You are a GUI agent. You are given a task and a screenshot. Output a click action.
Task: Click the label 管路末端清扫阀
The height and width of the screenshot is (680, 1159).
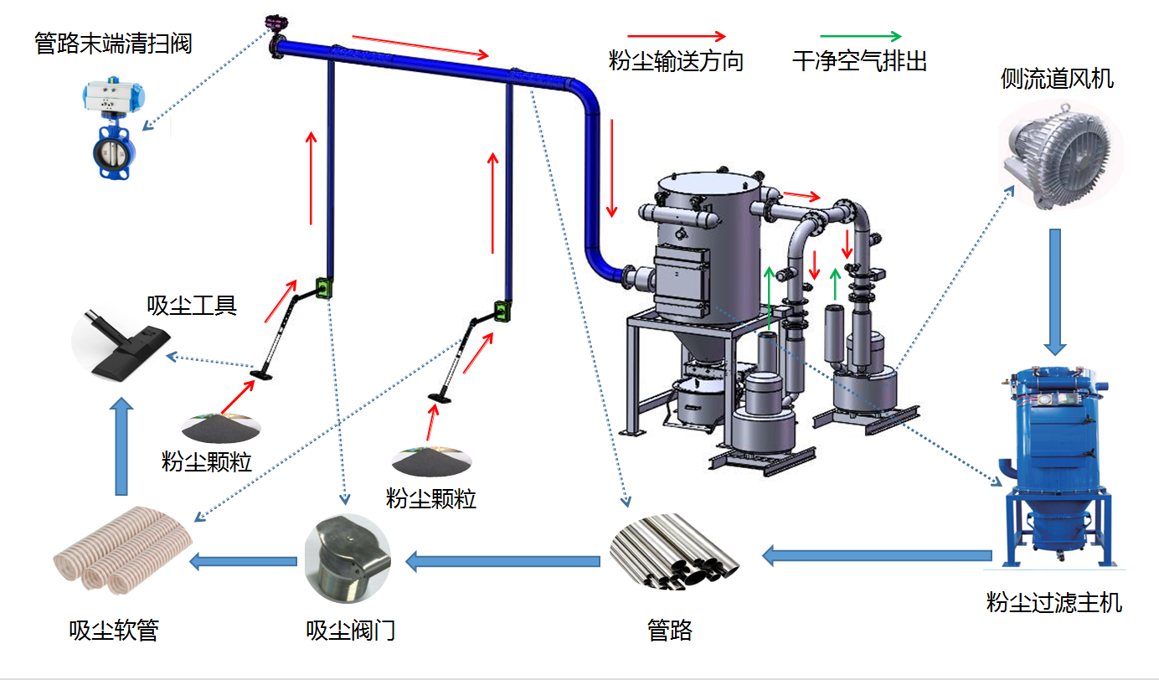point(113,43)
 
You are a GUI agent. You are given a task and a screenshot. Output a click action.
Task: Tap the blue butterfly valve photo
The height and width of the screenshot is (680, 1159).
point(115,133)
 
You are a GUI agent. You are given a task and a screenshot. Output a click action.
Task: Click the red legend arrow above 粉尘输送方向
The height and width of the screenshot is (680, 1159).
point(677,37)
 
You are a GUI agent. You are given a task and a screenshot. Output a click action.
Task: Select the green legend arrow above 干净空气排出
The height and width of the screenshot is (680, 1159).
point(860,37)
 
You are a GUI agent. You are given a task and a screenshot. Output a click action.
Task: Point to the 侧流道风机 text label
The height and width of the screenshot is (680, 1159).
point(1057,79)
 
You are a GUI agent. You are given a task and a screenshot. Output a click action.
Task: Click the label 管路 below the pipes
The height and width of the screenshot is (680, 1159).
point(670,630)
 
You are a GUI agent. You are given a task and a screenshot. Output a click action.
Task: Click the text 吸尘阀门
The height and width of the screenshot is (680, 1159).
point(350,630)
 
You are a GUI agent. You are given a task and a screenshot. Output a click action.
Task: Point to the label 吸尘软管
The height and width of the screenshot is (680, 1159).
point(114,630)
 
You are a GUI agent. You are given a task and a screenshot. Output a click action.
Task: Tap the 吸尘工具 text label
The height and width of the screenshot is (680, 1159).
point(192,306)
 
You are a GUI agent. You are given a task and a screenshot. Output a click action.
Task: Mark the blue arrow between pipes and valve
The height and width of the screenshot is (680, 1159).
point(503,559)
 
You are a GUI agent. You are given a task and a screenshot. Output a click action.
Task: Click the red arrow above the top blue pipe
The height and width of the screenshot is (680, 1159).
point(420,47)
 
